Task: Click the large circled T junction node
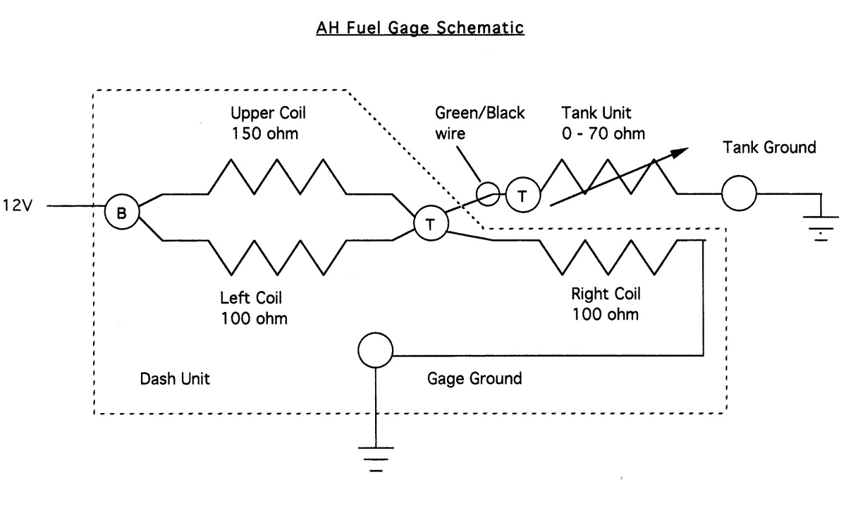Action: tap(430, 224)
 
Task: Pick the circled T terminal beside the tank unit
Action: tap(522, 195)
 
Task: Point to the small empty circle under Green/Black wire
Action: tap(487, 192)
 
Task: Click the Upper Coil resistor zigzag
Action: tap(276, 176)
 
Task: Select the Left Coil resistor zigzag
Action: tap(276, 258)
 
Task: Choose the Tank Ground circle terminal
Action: tap(739, 192)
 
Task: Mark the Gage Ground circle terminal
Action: tap(376, 351)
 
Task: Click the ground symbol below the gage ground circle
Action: tap(376, 458)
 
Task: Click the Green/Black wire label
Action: tap(480, 123)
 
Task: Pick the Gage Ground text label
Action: tap(474, 379)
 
